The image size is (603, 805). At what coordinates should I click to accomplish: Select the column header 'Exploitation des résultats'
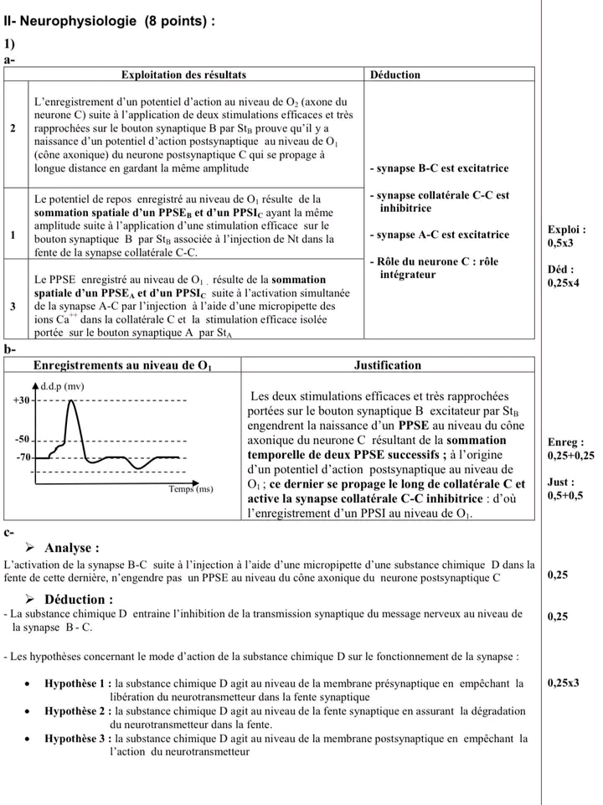[184, 75]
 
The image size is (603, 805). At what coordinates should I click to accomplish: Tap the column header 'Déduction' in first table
[394, 75]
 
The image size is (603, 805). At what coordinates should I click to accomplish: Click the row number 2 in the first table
[13, 128]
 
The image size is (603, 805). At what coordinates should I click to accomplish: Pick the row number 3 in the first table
[13, 306]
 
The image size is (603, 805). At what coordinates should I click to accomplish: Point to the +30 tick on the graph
[21, 400]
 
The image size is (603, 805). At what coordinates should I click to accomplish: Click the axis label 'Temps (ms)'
[191, 488]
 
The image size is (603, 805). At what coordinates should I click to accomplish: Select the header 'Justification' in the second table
[388, 365]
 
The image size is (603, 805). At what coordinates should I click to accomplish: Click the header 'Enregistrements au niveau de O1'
[122, 365]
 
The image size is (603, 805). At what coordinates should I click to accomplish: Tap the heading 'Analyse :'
[72, 548]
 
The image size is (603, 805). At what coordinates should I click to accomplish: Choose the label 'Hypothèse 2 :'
[78, 710]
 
